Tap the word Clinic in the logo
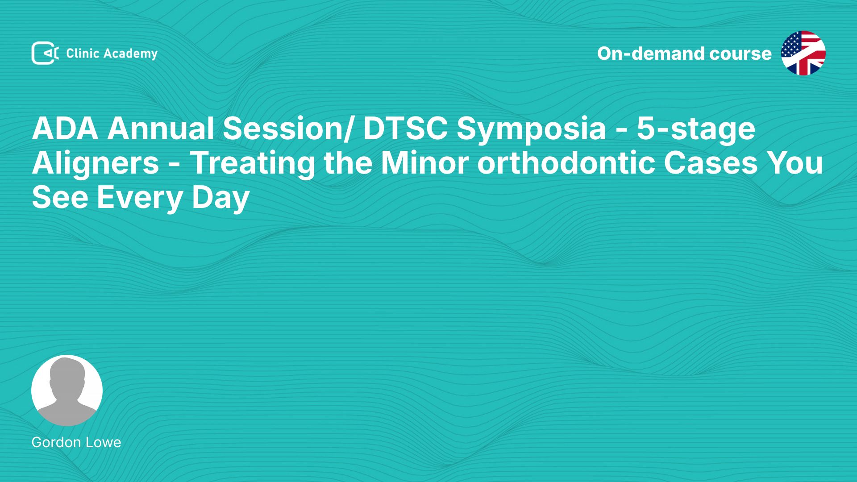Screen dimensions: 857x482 click(83, 53)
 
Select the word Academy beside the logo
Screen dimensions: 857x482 click(131, 54)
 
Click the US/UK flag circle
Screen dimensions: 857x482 click(803, 53)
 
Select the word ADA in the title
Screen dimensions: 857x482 click(65, 129)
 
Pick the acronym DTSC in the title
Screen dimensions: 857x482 click(405, 129)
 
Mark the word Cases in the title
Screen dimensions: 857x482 click(711, 163)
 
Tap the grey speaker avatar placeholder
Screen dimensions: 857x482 click(67, 391)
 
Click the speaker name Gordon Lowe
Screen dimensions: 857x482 click(76, 442)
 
